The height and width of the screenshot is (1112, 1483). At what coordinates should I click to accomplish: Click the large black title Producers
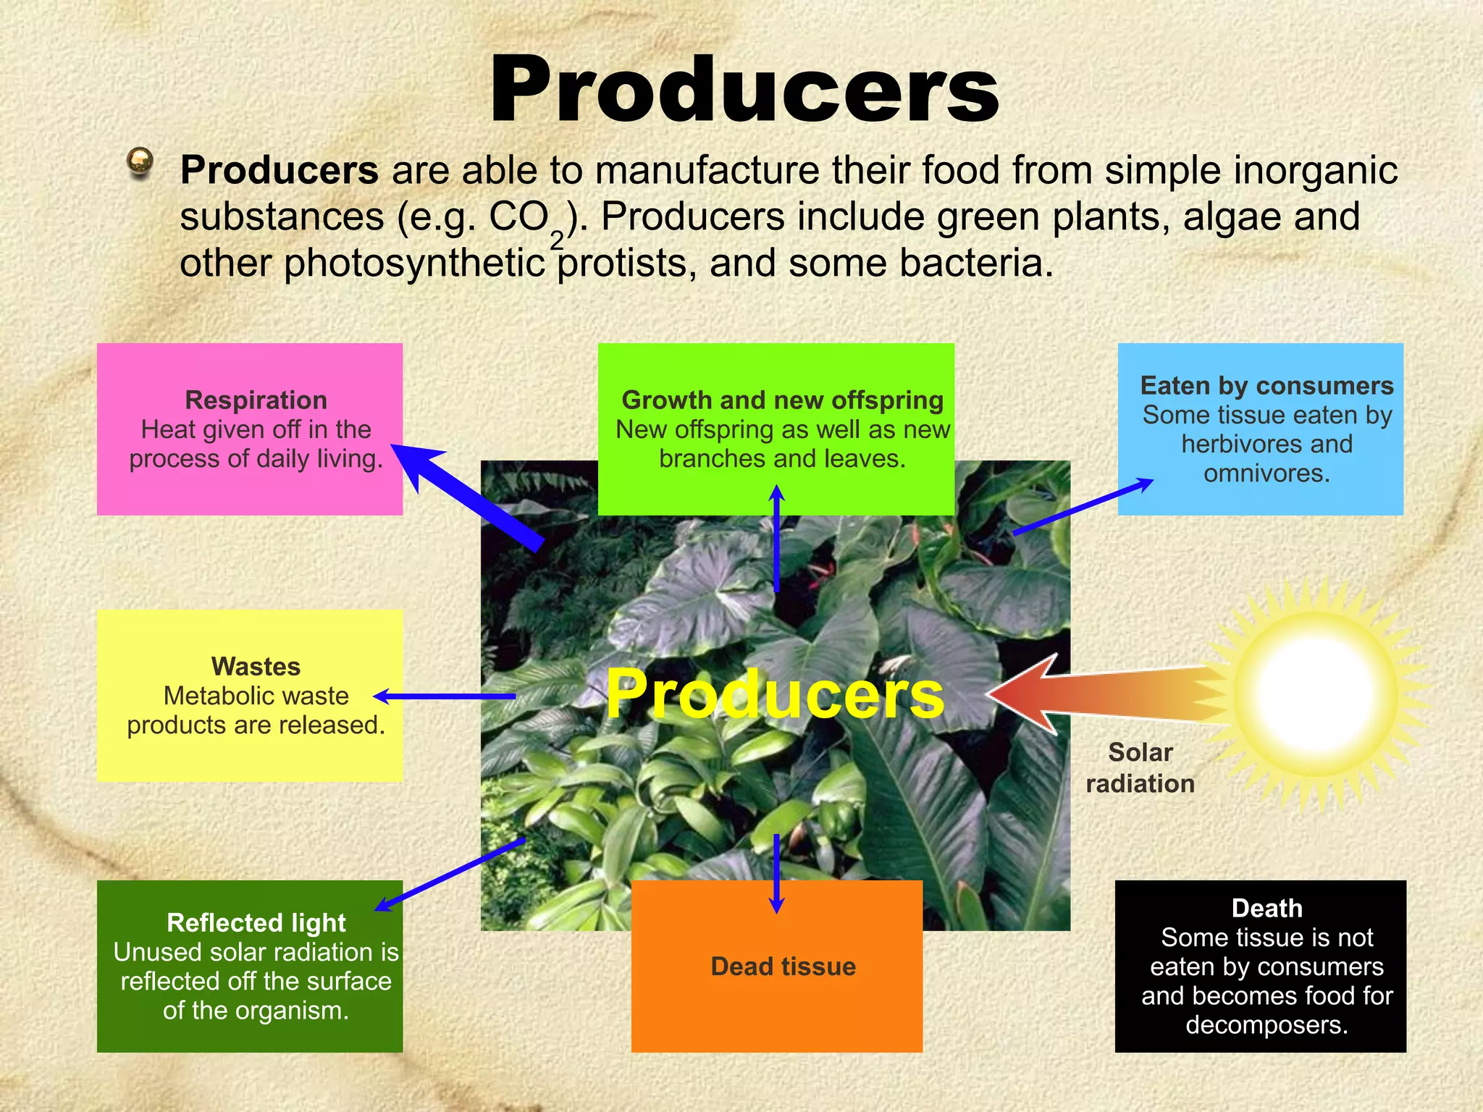(x=744, y=90)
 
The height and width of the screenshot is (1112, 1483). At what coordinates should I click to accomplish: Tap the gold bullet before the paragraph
(x=140, y=162)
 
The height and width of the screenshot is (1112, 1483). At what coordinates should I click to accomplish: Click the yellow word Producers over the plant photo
(x=775, y=694)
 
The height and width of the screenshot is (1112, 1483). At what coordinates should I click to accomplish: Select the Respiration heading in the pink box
(x=256, y=400)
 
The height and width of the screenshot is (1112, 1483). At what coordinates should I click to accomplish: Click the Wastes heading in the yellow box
(x=256, y=666)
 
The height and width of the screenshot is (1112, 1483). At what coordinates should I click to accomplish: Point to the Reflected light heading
(x=256, y=922)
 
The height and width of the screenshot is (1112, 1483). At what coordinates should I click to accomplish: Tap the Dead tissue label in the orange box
(x=783, y=966)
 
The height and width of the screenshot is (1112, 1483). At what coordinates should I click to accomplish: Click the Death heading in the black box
(x=1266, y=908)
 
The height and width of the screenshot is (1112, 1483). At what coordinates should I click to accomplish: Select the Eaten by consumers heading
(x=1266, y=386)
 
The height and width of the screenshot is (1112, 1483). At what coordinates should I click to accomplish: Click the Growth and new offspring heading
(x=782, y=400)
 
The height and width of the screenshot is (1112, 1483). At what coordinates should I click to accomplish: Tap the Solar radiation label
(x=1140, y=767)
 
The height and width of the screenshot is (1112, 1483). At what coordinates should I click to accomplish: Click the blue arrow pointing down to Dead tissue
(x=776, y=872)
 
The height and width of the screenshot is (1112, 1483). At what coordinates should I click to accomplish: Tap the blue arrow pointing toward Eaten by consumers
(x=1083, y=507)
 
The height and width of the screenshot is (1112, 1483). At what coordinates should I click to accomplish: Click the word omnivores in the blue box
(x=1266, y=473)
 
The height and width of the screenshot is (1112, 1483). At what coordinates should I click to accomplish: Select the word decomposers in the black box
(x=1266, y=1025)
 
